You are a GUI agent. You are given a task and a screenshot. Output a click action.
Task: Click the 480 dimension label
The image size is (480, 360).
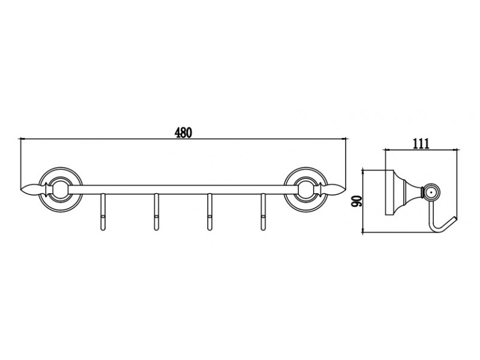(x=184, y=132)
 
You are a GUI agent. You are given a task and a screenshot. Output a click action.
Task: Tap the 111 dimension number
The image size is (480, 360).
(x=421, y=143)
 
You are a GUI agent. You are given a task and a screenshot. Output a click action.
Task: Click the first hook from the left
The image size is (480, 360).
(x=103, y=212)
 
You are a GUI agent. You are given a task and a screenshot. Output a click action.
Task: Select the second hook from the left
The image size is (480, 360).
(x=156, y=212)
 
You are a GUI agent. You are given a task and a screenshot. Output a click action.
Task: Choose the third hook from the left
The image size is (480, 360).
(x=209, y=212)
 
